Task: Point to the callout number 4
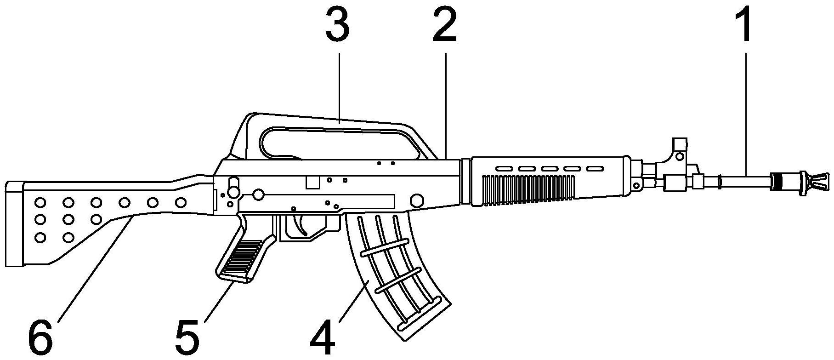click(323, 338)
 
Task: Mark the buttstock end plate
click(15, 224)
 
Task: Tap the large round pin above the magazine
click(417, 200)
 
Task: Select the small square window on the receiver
click(312, 182)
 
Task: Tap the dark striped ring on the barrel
click(776, 181)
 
